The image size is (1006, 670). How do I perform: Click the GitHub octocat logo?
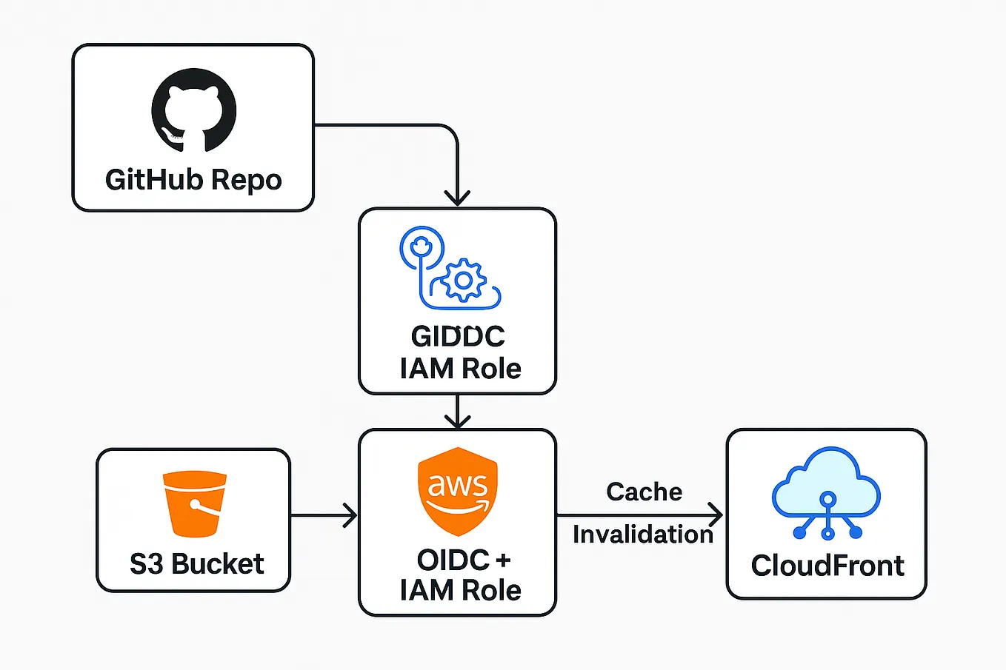pos(194,110)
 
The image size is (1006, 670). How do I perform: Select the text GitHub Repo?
pos(193,180)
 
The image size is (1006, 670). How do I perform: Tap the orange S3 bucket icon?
pos(194,503)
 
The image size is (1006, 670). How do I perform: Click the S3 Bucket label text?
pos(196,564)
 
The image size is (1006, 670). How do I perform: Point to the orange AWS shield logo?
pos(458,491)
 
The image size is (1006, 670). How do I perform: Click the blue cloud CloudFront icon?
pos(826,492)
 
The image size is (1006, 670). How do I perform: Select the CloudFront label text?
pos(827,566)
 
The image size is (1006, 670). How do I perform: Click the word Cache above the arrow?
pos(644,492)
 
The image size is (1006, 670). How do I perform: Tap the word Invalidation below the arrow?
pos(642,534)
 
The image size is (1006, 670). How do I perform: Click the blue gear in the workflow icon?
pos(463,280)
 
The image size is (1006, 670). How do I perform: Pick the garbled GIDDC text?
pos(458,336)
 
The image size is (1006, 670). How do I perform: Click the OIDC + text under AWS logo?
pos(463,560)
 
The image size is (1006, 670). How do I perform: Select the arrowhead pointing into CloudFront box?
pos(716,515)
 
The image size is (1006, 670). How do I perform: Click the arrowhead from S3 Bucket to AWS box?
pos(350,515)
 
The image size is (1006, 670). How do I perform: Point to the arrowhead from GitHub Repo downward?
pos(457,198)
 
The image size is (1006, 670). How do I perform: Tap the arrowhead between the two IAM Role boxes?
pos(457,421)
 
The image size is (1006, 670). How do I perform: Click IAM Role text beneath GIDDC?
pos(460,369)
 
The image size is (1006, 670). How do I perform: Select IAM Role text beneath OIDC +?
pos(460,591)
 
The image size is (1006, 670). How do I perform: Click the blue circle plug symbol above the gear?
pos(422,247)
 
